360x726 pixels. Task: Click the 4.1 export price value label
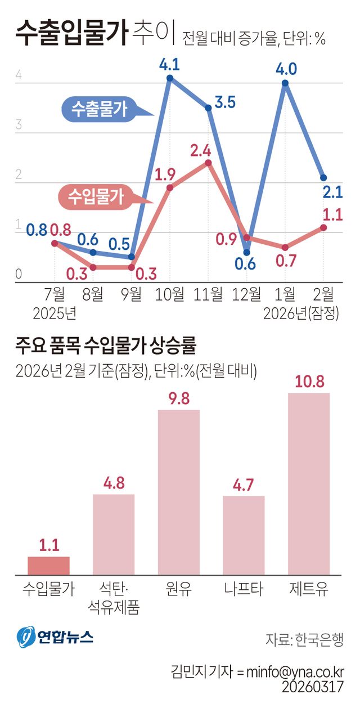point(169,65)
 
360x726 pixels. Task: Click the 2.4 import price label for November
point(200,151)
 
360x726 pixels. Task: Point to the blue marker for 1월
point(285,83)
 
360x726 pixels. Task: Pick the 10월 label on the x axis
point(169,293)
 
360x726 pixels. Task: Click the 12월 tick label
point(246,293)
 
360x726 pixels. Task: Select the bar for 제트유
point(309,484)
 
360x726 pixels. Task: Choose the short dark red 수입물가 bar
point(49,566)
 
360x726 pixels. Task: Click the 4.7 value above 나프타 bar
point(244,485)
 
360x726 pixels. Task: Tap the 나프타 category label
point(244,589)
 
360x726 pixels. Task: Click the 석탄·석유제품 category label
point(113,598)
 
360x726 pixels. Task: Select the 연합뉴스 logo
point(55,636)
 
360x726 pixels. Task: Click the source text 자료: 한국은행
point(304,639)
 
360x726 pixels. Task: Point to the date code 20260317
point(313,687)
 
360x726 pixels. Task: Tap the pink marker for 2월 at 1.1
point(323,227)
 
